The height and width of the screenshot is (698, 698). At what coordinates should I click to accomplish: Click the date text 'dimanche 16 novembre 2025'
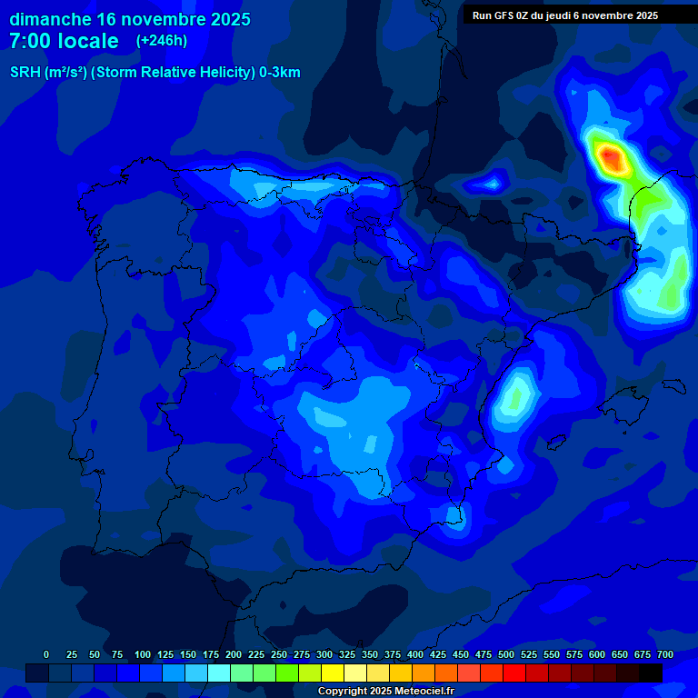pos(130,19)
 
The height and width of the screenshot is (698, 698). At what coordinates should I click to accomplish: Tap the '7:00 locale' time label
pos(64,41)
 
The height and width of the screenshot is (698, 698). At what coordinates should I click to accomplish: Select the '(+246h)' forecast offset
pos(162,41)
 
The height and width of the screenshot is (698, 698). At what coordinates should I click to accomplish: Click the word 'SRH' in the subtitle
pos(25,73)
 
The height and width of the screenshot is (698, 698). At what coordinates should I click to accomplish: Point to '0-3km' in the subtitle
pos(279,73)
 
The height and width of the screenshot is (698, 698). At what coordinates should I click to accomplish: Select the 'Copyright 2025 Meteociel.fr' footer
pos(385,692)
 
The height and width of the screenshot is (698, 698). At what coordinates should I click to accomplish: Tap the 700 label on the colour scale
pos(665,654)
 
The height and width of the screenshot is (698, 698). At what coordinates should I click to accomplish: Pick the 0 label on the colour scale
pos(46,654)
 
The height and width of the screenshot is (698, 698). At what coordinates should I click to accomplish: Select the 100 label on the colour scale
pos(143,654)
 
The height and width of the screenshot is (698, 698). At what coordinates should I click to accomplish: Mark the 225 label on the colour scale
pos(256,654)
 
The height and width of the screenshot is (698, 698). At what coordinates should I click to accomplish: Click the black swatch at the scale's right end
pos(651,673)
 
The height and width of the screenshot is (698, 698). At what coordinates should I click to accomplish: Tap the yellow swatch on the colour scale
pos(333,673)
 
